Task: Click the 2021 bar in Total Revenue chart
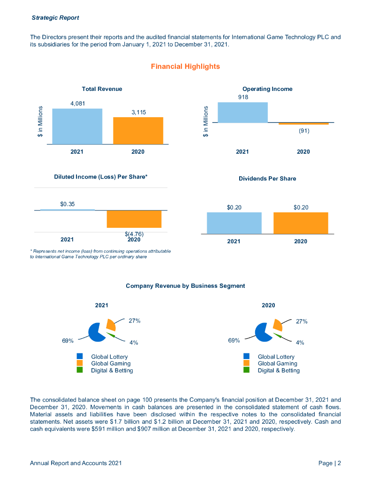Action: (77, 126)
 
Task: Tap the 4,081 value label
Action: (78, 103)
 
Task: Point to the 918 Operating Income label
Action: (242, 97)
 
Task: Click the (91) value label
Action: (304, 131)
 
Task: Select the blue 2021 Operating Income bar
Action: (242, 112)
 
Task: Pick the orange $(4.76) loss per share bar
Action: (134, 219)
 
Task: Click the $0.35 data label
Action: (68, 204)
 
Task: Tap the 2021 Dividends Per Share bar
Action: (234, 223)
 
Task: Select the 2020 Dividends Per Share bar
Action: (301, 223)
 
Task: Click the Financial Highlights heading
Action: (185, 67)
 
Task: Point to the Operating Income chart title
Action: (267, 89)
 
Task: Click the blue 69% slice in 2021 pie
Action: (95, 332)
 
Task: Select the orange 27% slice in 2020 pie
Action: (277, 324)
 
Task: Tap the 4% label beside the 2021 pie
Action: (134, 343)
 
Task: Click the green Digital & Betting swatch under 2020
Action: (247, 370)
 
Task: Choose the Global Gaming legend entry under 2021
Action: (111, 363)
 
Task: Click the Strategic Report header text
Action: (55, 18)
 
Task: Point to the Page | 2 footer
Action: (329, 463)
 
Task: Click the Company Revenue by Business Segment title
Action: (185, 285)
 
